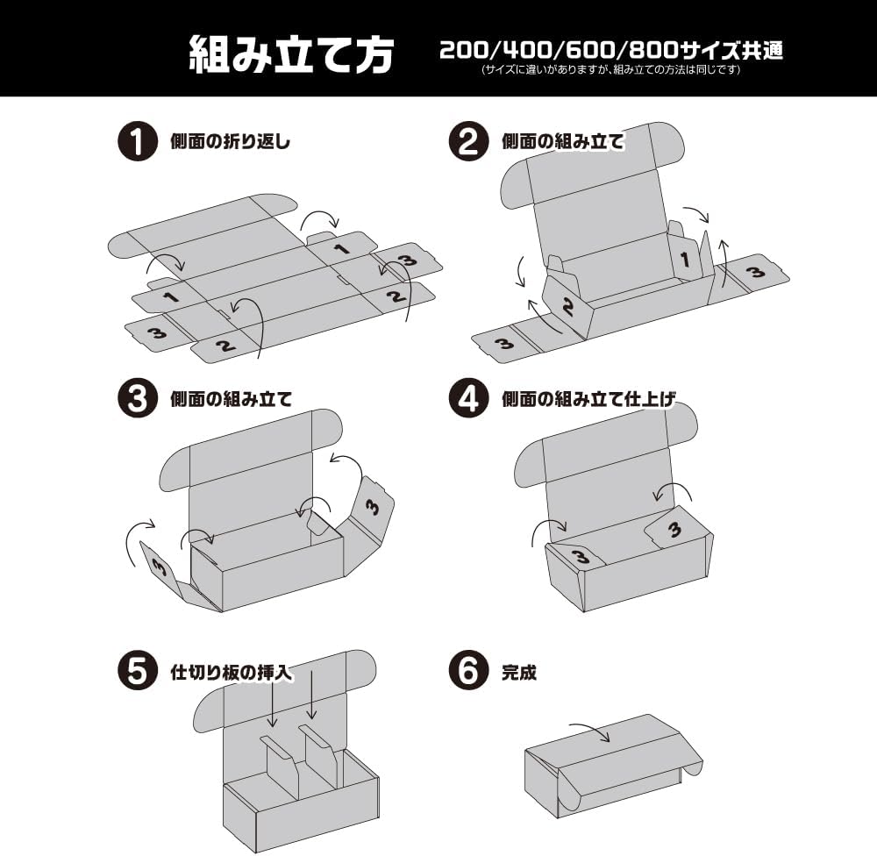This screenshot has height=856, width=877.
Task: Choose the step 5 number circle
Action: [x=136, y=673]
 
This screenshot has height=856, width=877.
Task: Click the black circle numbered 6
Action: [x=468, y=673]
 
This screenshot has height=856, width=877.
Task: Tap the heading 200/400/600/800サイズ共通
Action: [x=611, y=50]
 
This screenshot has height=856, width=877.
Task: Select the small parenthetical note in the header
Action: [x=611, y=70]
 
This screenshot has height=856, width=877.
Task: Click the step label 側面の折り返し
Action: [x=229, y=142]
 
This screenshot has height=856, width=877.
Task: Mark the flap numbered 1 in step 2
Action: [x=686, y=260]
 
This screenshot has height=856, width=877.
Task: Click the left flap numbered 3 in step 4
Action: [x=577, y=555]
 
